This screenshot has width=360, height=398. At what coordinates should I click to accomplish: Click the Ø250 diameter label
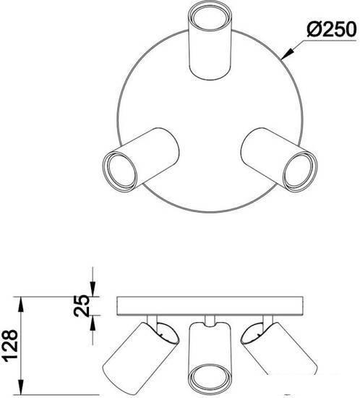click(x=332, y=29)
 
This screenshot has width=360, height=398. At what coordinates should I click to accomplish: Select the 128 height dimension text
click(x=10, y=345)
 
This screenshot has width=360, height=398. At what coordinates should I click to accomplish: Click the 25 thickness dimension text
click(x=82, y=305)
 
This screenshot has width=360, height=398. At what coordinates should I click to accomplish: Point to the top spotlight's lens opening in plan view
click(x=210, y=19)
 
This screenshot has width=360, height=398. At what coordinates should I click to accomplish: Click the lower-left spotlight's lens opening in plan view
click(x=121, y=170)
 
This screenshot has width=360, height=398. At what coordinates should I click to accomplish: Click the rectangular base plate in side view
click(x=210, y=306)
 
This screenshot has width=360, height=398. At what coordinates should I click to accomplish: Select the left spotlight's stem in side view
click(x=152, y=320)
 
